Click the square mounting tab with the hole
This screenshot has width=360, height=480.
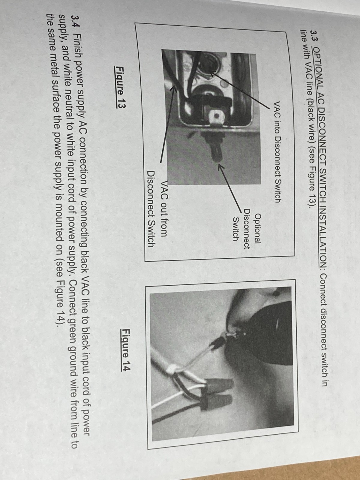216,117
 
